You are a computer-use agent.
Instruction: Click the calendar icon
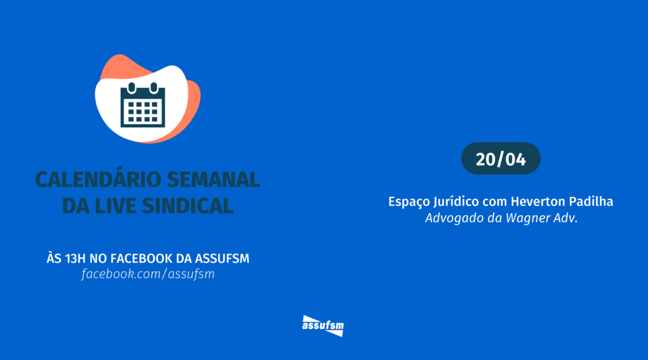[142, 105]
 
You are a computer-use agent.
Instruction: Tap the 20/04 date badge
[501, 159]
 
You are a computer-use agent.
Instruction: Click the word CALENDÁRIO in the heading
[99, 179]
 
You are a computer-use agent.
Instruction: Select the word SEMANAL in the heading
[214, 180]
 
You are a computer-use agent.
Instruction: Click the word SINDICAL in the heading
[188, 206]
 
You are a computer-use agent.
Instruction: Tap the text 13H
[75, 259]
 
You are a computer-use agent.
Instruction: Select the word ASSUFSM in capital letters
[222, 259]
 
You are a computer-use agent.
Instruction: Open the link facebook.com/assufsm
[148, 274]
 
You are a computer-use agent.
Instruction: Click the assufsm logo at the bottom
[323, 326]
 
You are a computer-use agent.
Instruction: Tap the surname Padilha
[591, 201]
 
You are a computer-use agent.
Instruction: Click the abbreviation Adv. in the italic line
[564, 218]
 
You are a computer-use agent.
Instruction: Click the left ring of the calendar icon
[132, 88]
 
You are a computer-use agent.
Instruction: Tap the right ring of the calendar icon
[154, 88]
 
